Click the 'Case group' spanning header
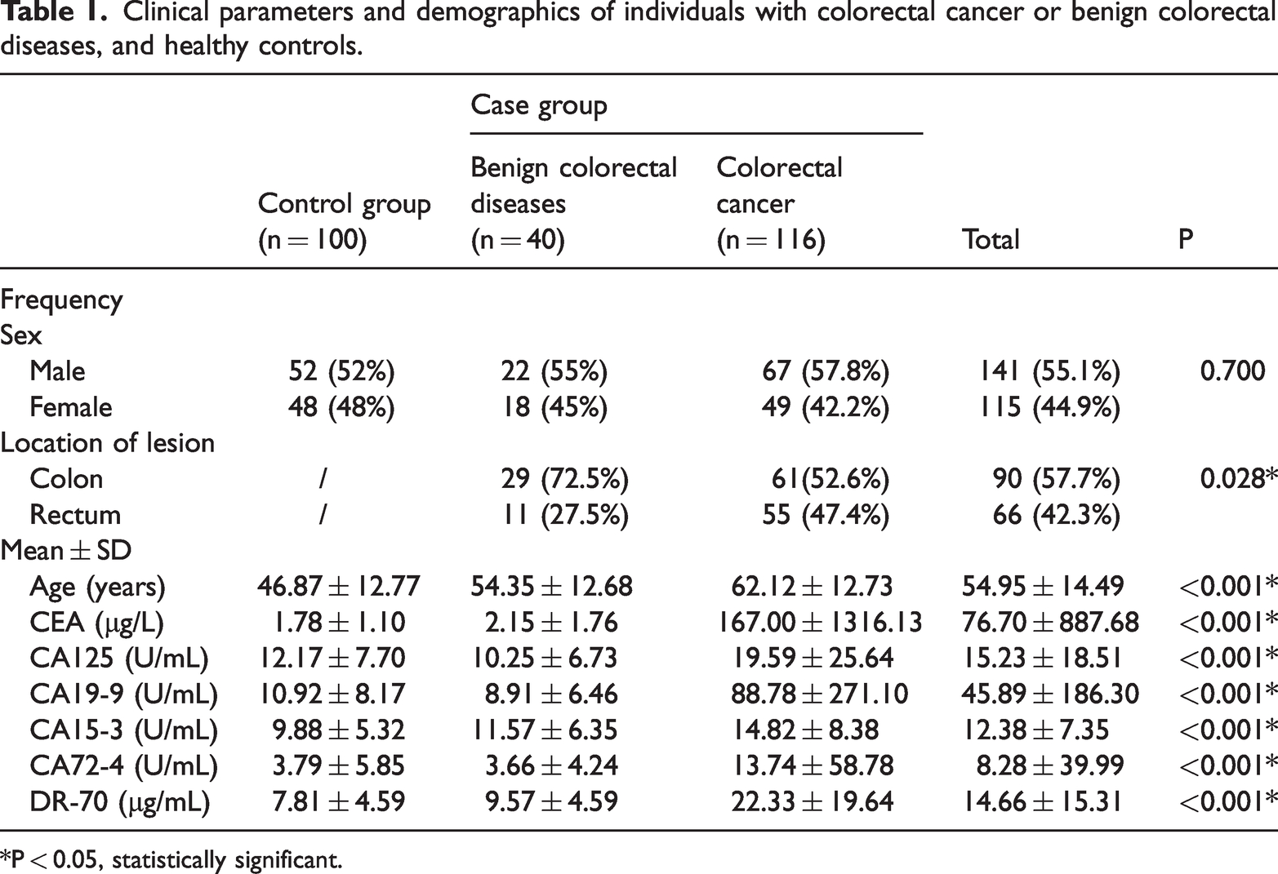[539, 106]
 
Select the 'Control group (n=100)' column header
[344, 221]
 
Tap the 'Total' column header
[991, 239]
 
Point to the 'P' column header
[1186, 239]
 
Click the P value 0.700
[1232, 371]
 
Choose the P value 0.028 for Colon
[1238, 478]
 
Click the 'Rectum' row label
[75, 515]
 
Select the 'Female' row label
[71, 407]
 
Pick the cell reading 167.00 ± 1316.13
[820, 622]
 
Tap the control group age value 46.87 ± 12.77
[338, 586]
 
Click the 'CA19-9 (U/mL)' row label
[124, 694]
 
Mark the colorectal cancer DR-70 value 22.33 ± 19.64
[812, 801]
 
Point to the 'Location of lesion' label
[107, 443]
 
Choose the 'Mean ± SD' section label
[65, 551]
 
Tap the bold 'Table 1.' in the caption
[55, 12]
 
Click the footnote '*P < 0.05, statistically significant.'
[171, 860]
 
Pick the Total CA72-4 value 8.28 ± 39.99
[1050, 765]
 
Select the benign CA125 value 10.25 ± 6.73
[545, 658]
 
